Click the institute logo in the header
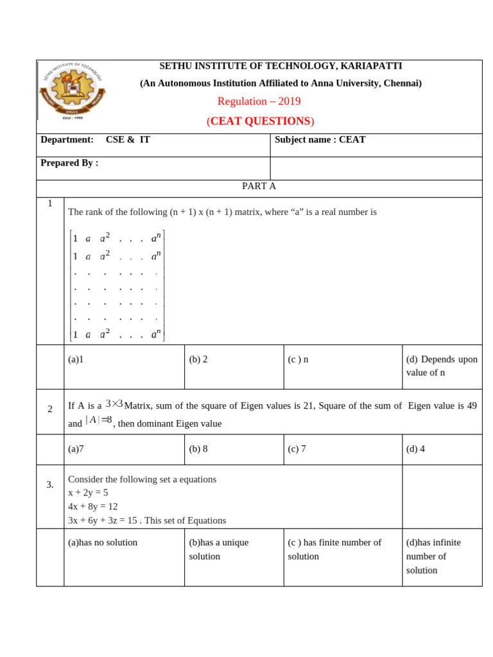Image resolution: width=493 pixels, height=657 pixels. (73, 90)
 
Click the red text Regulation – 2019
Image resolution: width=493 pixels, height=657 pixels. (259, 101)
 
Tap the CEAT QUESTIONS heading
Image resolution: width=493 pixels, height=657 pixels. (260, 121)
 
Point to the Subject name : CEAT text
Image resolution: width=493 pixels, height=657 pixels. (320, 140)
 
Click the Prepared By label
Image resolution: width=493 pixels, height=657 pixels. (69, 163)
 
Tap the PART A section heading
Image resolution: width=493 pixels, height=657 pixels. (259, 186)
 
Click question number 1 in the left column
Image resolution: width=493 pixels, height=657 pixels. (50, 203)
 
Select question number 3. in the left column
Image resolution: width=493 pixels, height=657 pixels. (50, 484)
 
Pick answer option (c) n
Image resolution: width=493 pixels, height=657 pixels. (298, 359)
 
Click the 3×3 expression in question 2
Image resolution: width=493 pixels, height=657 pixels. (114, 404)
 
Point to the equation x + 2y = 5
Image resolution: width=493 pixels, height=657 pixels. (88, 493)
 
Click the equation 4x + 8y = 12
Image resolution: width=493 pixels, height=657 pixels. (92, 506)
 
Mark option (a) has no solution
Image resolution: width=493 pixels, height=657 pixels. (103, 542)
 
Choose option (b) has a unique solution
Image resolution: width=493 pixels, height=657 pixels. (218, 549)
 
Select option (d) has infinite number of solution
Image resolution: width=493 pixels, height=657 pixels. (433, 556)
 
